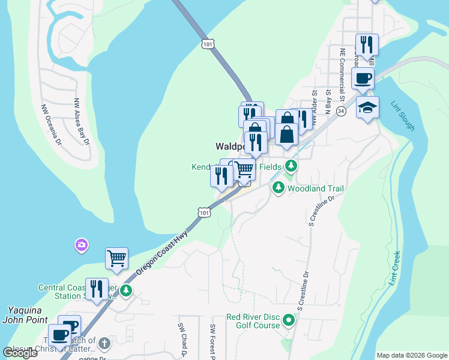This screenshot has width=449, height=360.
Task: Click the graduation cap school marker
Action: tap(367, 107)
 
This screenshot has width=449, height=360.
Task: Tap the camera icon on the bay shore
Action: tap(81, 245)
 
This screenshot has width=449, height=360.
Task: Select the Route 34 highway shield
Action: tap(341, 112)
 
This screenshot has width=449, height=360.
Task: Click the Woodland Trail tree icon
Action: tap(278, 188)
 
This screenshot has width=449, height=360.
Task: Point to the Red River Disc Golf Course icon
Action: tap(289, 321)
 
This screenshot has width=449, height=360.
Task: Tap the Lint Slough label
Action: tap(404, 116)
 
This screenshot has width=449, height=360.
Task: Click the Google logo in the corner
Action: tap(20, 353)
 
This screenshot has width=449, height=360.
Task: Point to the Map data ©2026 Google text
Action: tap(411, 355)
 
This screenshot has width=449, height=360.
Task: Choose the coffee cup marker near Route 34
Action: tap(363, 79)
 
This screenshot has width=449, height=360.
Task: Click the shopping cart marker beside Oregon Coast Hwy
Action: tap(116, 259)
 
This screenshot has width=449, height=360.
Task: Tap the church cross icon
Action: tap(104, 343)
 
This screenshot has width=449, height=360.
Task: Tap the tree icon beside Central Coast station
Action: tap(125, 291)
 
